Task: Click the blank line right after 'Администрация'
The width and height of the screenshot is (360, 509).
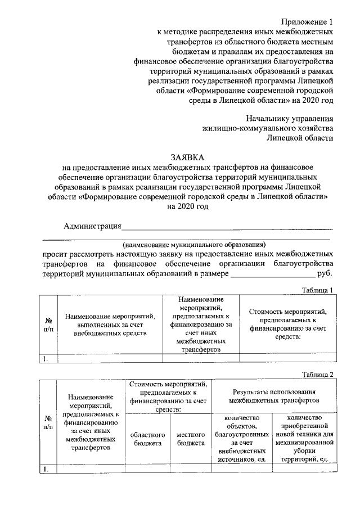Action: [x=227, y=227]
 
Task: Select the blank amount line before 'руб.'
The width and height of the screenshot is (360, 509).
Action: [x=272, y=274]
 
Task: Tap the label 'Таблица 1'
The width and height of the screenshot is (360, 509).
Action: [x=317, y=290]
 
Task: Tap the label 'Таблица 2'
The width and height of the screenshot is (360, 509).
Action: [x=317, y=375]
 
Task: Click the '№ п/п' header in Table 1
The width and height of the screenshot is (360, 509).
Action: [x=48, y=325]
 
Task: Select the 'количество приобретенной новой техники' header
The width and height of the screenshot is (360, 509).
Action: [x=304, y=438]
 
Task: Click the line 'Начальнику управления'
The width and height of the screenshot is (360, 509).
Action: [x=290, y=118]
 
